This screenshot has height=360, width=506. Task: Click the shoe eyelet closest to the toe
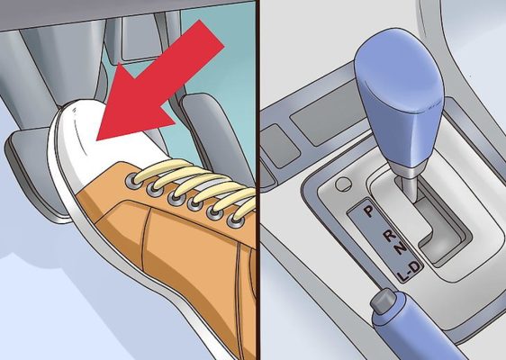coord(133,178)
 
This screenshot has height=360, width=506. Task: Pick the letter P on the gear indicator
coord(368,211)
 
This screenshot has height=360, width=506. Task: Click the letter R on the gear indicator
coord(390,236)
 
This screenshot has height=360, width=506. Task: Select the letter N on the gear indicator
coord(401,248)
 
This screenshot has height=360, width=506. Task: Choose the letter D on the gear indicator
coord(416,267)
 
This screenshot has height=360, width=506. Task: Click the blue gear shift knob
coord(400,97)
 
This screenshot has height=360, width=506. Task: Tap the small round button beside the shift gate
coord(343,184)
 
